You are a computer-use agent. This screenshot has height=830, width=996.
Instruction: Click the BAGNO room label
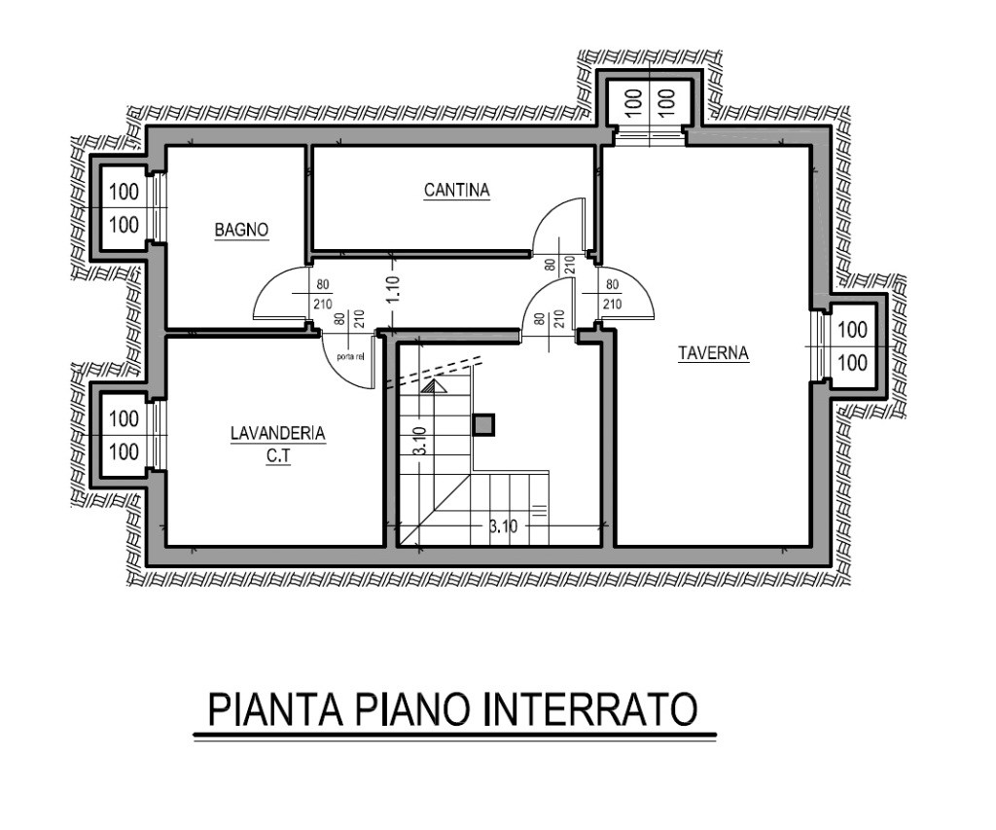[241, 230]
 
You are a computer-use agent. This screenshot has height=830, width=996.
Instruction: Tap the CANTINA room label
[456, 190]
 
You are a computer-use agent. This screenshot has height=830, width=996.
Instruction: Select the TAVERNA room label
[713, 353]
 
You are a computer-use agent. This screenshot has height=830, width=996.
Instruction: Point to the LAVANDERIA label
[277, 434]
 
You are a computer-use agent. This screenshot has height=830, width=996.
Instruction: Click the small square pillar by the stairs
[483, 424]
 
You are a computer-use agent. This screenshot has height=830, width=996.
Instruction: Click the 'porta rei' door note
[351, 356]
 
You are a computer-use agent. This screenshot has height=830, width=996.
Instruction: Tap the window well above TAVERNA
[648, 100]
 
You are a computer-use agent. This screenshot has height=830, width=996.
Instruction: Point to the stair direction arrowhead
[434, 385]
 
